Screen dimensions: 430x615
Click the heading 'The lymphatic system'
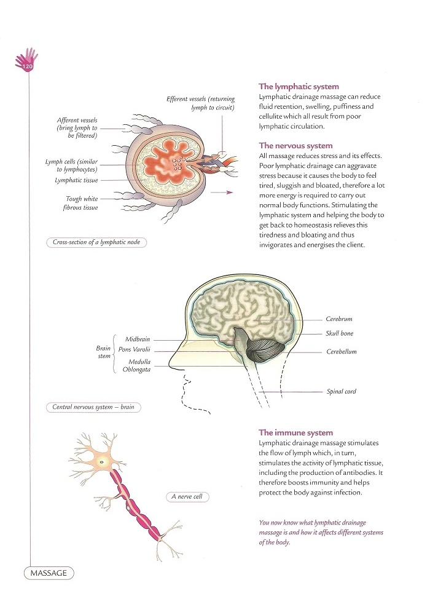tap(299, 87)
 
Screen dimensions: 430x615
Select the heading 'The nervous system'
tap(295, 146)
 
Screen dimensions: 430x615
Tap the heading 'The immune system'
tap(295, 432)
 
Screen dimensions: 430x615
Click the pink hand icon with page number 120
tap(26, 60)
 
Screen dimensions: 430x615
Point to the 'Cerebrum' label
tap(339, 319)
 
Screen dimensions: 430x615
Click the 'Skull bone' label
tap(340, 333)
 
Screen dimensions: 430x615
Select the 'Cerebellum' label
tap(342, 352)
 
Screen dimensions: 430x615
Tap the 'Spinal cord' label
tap(342, 391)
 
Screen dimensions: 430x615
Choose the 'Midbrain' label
tap(138, 339)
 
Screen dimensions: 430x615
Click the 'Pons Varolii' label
tap(135, 349)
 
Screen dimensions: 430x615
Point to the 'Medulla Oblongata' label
tap(136, 365)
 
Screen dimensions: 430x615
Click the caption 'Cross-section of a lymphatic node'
tap(96, 242)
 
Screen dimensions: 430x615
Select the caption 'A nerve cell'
tap(187, 497)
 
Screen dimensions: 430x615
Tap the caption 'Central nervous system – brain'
tap(93, 407)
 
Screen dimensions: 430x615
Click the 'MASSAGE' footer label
tap(49, 573)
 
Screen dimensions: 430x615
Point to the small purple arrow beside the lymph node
tap(222, 192)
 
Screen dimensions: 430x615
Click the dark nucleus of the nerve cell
tap(102, 462)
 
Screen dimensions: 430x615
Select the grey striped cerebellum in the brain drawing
tap(267, 350)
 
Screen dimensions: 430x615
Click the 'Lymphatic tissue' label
tap(76, 180)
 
